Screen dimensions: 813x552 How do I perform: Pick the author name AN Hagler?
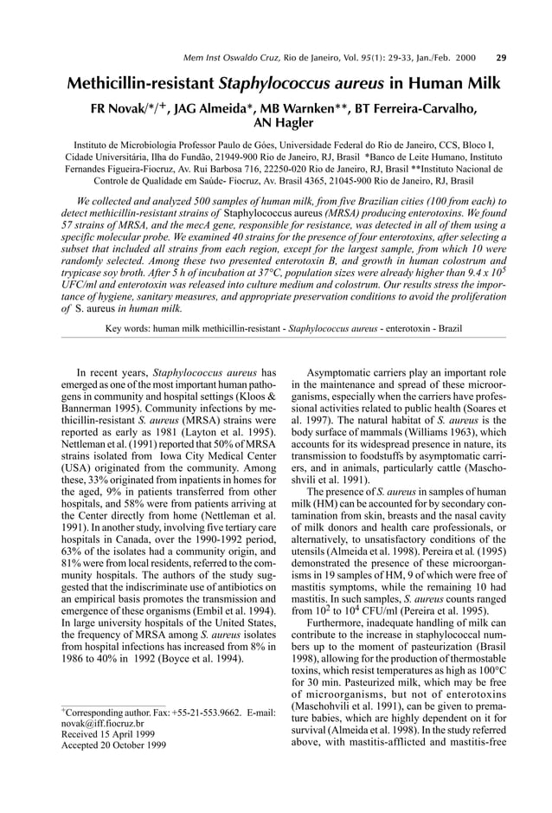[x=276, y=123]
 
